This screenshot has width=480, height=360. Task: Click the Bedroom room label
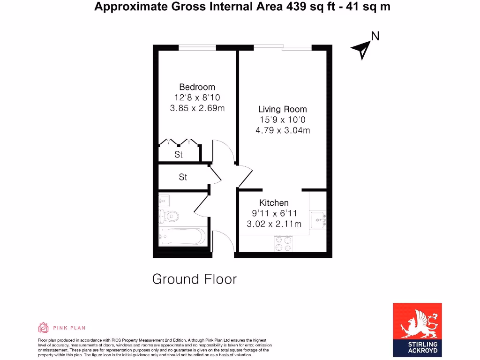[197, 87]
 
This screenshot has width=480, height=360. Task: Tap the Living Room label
[282, 109]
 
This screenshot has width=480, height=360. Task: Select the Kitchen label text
[274, 203]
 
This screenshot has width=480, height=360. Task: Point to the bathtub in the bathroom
[183, 236]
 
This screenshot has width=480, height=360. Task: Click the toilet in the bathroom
[169, 217]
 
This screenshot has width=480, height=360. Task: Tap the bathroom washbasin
[164, 201]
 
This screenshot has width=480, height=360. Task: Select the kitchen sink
[318, 219]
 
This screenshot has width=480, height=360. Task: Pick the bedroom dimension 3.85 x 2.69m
[197, 108]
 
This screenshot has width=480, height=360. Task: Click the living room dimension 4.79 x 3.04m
[282, 130]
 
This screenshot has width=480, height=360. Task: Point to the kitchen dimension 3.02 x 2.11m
[274, 224]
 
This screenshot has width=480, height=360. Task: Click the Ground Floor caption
[195, 279]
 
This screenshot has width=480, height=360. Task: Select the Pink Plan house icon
[43, 328]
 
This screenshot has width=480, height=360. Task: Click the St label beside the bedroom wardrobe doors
[179, 154]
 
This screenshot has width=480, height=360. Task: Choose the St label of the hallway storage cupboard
[183, 177]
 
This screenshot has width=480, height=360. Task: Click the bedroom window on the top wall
[197, 47]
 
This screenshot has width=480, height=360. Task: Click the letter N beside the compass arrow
[375, 36]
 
